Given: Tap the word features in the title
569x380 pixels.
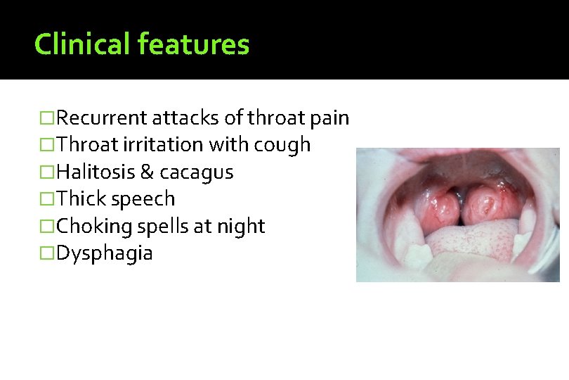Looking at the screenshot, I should tap(193, 44).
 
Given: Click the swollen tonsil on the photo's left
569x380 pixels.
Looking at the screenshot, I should tap(440, 205).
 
